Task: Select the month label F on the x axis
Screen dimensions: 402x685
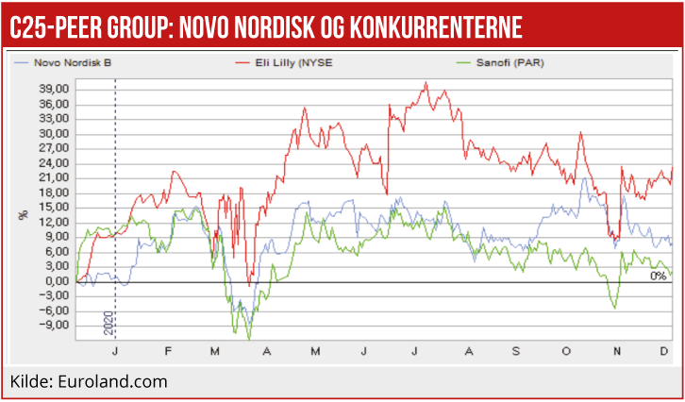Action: click(167, 350)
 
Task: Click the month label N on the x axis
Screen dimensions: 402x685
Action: click(617, 350)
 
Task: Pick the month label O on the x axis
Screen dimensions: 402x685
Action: click(567, 350)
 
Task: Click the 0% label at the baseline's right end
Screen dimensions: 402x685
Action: click(659, 276)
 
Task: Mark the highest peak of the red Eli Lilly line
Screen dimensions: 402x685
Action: click(426, 83)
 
